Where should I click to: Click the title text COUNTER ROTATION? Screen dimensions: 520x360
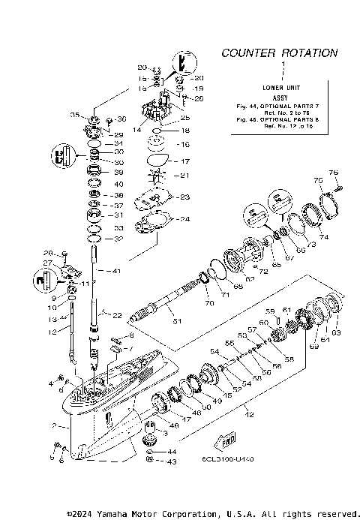click(279, 53)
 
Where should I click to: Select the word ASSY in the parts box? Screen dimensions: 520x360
click(280, 97)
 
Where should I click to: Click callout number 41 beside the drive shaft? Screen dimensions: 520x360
click(115, 270)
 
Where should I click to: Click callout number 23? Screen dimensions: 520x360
click(184, 197)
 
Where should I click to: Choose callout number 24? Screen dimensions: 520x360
click(184, 219)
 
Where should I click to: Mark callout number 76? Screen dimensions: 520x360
click(334, 173)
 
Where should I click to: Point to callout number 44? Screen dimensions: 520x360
click(172, 452)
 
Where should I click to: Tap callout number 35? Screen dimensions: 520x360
click(74, 115)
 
